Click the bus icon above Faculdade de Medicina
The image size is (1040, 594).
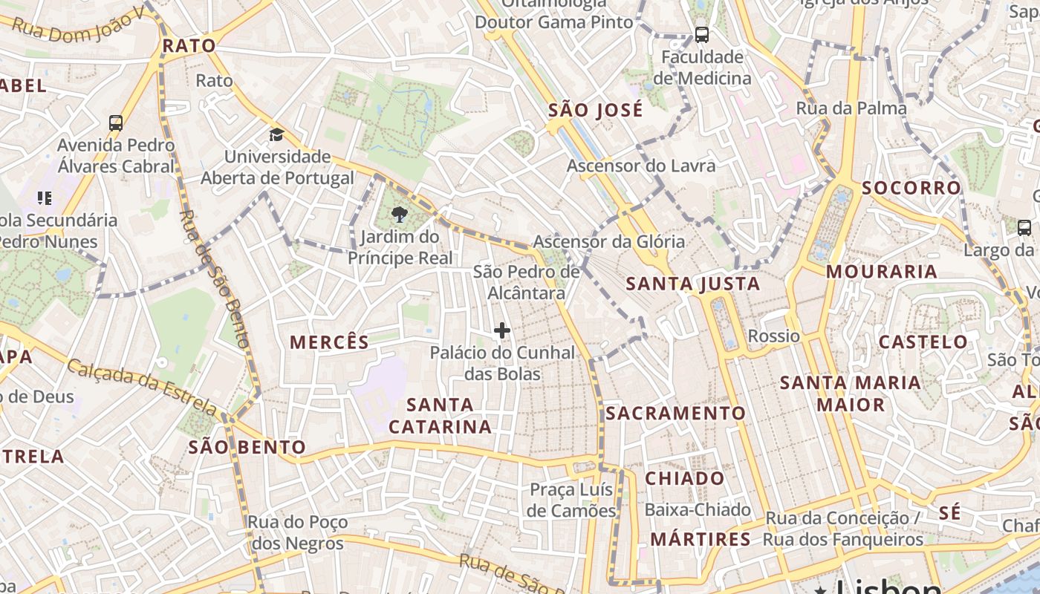tap(701, 34)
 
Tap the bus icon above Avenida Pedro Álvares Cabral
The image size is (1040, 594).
tap(115, 123)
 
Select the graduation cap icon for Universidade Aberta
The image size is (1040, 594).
tap(276, 134)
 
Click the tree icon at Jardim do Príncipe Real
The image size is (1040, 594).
tap(399, 215)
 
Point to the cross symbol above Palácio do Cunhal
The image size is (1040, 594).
tap(502, 330)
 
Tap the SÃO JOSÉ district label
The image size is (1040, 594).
tap(595, 111)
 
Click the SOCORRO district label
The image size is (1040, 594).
tap(911, 188)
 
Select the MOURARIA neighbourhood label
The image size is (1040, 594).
tap(882, 272)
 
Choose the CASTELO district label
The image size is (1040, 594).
tap(923, 342)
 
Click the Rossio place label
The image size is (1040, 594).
tap(773, 336)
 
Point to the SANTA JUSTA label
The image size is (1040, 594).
tap(693, 284)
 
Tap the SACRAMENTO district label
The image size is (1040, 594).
tap(675, 413)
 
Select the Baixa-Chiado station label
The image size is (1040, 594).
tap(698, 510)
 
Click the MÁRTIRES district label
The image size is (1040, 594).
tap(701, 539)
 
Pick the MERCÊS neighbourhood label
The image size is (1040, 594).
tap(329, 342)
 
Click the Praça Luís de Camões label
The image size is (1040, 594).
tap(571, 500)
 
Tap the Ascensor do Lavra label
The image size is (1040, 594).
tap(641, 166)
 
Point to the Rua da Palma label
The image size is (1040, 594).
tap(851, 108)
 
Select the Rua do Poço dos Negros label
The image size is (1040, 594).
tap(298, 532)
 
